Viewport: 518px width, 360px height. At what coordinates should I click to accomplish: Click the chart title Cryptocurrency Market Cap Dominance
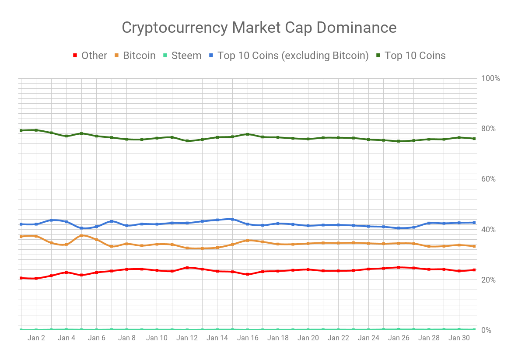click(259, 28)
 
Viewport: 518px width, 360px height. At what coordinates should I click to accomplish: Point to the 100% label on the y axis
click(490, 78)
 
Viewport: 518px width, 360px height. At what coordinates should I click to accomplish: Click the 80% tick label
click(489, 129)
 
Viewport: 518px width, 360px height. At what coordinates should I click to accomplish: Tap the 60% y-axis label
click(489, 179)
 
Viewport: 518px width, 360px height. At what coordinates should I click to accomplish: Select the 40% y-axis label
click(489, 230)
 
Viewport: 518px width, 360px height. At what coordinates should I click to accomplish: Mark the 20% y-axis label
click(489, 280)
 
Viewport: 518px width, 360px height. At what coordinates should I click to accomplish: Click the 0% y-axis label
click(486, 330)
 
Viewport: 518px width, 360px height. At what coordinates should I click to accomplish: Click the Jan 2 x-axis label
click(36, 338)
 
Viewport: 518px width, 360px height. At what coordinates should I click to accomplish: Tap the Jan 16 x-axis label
click(248, 338)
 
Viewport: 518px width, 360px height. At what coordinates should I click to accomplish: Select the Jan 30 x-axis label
click(459, 338)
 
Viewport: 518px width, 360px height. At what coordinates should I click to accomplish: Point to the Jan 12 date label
click(187, 338)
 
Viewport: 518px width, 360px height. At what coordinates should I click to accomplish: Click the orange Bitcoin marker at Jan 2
click(36, 236)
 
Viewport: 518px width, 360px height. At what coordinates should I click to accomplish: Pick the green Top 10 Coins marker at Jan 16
click(248, 134)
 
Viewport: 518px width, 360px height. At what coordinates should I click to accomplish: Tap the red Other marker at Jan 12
click(187, 268)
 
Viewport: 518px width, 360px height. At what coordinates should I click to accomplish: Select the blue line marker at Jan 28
click(429, 223)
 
